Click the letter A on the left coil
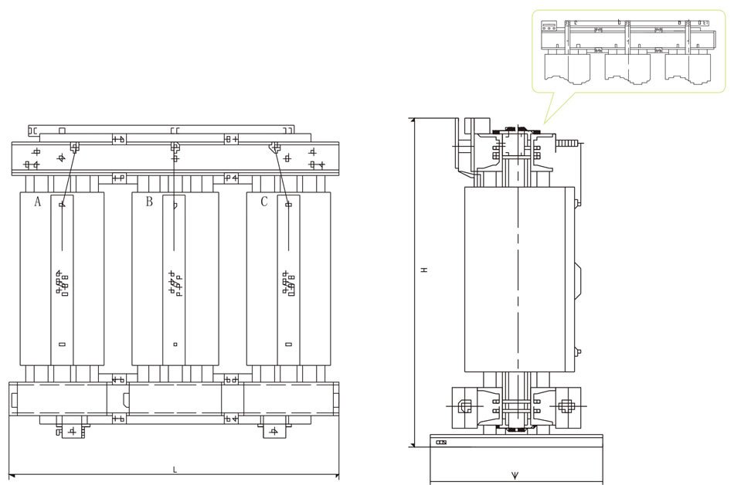point(36,202)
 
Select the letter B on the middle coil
point(149,202)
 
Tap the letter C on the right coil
point(263,202)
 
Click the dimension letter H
point(424,270)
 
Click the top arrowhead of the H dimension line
point(414,120)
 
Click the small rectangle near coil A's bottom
point(62,344)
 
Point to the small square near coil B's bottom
point(175,344)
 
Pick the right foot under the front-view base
point(274,429)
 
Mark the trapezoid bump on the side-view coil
point(581,278)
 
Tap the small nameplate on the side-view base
point(441,443)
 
